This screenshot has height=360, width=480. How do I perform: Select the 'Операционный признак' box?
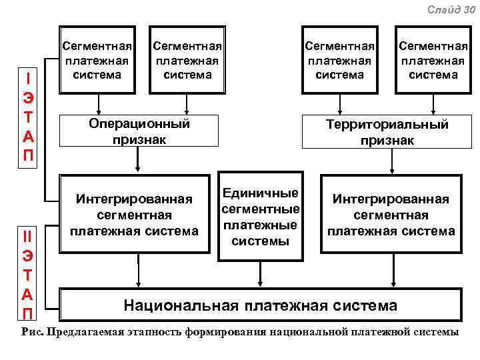click(139, 131)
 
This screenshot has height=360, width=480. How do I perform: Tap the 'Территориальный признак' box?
click(387, 132)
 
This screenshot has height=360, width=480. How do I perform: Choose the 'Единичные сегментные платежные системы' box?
click(260, 217)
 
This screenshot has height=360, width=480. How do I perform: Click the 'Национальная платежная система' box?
click(260, 305)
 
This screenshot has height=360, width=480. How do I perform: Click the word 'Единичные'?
click(260, 193)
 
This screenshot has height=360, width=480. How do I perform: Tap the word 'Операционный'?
click(139, 123)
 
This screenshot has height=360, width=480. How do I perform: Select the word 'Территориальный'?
click(387, 124)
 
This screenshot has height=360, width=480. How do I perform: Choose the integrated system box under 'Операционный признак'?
click(138, 214)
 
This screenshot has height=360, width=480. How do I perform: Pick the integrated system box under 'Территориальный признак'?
click(391, 214)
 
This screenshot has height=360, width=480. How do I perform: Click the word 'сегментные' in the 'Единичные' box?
click(260, 209)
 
